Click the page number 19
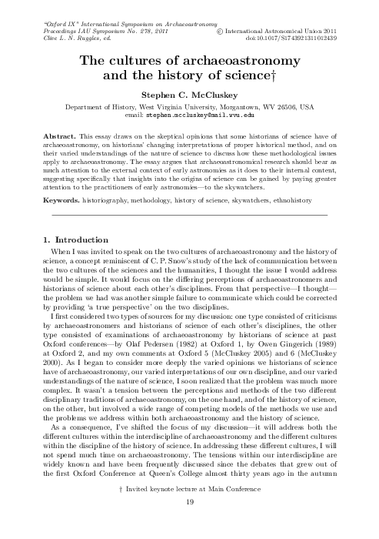[x=188, y=525]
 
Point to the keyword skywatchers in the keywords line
[x=246, y=199]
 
